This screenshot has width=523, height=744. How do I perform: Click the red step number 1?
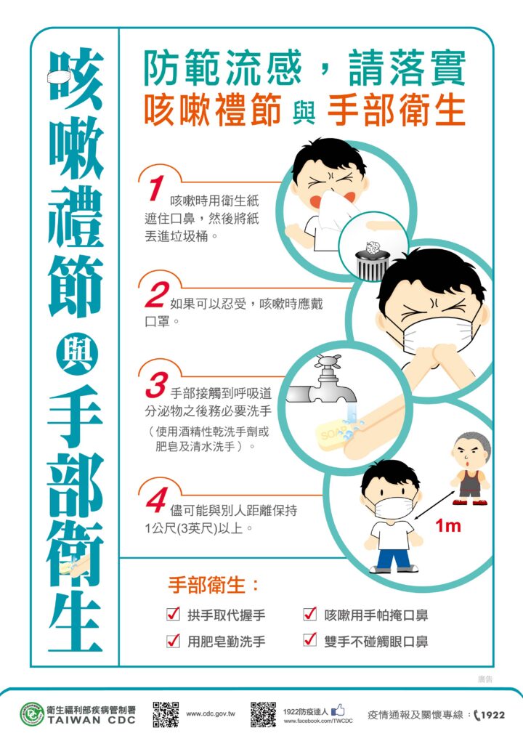[155, 188]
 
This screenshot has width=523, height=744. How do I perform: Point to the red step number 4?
[157, 500]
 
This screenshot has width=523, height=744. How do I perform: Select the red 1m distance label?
[448, 525]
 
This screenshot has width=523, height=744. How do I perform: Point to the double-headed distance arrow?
[434, 506]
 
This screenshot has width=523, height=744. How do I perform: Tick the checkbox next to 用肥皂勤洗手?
[173, 641]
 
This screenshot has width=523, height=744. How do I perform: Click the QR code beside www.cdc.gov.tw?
[166, 714]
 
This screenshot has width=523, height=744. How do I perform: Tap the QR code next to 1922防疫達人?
[264, 714]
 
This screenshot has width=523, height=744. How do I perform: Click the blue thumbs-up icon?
[338, 710]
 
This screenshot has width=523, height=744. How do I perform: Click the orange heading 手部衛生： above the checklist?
[214, 585]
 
